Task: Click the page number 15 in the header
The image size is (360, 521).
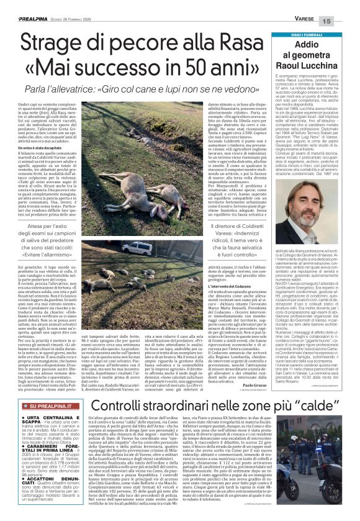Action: click(344, 21)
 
